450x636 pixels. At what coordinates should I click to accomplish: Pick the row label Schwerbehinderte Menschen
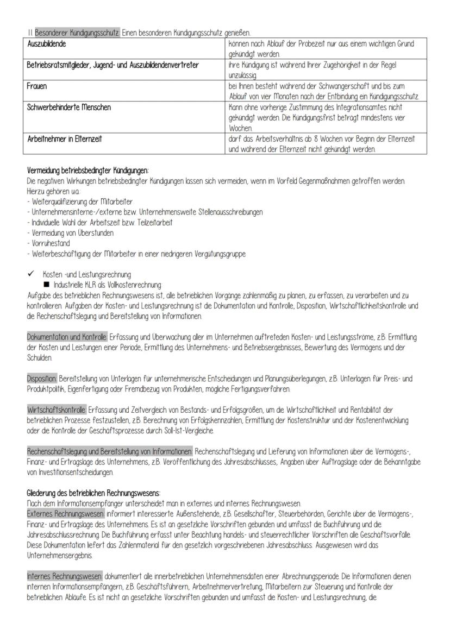pyautogui.click(x=68, y=108)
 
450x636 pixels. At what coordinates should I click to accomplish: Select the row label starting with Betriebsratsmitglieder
pyautogui.click(x=112, y=65)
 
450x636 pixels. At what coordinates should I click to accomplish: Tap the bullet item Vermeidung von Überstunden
pyautogui.click(x=72, y=233)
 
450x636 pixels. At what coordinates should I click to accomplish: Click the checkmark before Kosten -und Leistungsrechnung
pyautogui.click(x=32, y=274)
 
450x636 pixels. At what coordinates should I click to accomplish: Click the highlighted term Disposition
pyautogui.click(x=41, y=377)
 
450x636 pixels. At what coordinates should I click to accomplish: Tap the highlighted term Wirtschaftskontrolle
pyautogui.click(x=56, y=410)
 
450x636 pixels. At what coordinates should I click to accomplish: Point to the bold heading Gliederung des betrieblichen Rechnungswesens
pyautogui.click(x=93, y=493)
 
